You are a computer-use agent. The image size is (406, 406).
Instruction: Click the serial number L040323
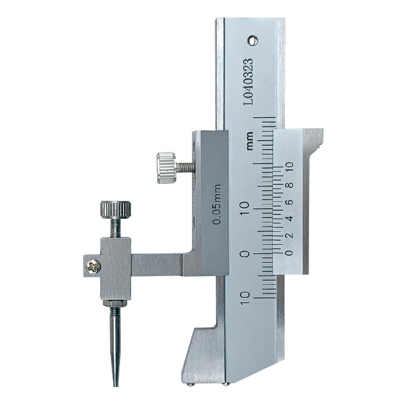[248, 82]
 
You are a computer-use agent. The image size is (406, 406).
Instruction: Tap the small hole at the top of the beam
[252, 41]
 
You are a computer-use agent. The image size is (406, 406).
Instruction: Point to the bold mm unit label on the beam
[249, 141]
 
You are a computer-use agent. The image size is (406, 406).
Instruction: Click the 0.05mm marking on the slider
[216, 204]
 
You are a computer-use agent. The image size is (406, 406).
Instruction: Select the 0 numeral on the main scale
[244, 253]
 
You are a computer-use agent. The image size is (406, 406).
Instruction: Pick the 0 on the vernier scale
[289, 253]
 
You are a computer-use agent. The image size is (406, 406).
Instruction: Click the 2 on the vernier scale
[289, 235]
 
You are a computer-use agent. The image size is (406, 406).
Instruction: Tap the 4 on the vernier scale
[290, 218]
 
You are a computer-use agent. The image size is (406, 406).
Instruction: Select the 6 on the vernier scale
[290, 202]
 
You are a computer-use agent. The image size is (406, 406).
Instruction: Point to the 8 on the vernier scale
[290, 185]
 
